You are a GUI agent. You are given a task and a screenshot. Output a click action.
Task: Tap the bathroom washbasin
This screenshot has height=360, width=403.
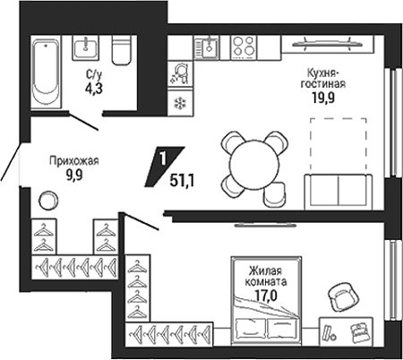(x=85, y=48)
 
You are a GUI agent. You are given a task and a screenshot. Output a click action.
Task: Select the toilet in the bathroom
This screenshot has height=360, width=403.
(x=122, y=50)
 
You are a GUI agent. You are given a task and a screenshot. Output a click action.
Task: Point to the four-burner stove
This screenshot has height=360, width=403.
(x=244, y=47)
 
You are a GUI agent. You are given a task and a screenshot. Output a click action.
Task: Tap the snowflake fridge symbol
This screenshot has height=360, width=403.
(x=180, y=103)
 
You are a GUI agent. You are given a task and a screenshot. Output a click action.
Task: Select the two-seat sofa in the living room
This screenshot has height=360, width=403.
(x=339, y=192)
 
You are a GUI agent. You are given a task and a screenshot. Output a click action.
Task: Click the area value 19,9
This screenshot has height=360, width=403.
(x=323, y=98)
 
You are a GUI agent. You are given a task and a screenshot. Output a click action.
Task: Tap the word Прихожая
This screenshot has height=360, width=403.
(x=74, y=161)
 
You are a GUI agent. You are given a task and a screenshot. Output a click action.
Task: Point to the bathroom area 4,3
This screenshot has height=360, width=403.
(x=95, y=89)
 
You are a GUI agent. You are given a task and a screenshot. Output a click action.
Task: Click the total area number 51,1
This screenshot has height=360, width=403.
(x=182, y=180)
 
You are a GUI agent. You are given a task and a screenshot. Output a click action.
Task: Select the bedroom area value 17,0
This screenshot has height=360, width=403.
(x=266, y=296)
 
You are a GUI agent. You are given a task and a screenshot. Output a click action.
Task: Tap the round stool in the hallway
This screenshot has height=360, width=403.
(x=48, y=200)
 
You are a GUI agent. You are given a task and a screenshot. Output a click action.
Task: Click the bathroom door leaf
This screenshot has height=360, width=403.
(x=83, y=121)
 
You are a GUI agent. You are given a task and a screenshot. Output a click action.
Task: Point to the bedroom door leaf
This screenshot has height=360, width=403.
(x=141, y=221)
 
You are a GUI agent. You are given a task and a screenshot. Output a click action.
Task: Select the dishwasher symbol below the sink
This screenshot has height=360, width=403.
(x=180, y=73)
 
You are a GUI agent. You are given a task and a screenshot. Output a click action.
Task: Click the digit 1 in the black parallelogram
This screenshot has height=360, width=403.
(x=163, y=159)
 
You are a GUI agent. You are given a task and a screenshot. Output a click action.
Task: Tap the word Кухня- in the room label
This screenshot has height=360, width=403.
(x=322, y=73)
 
